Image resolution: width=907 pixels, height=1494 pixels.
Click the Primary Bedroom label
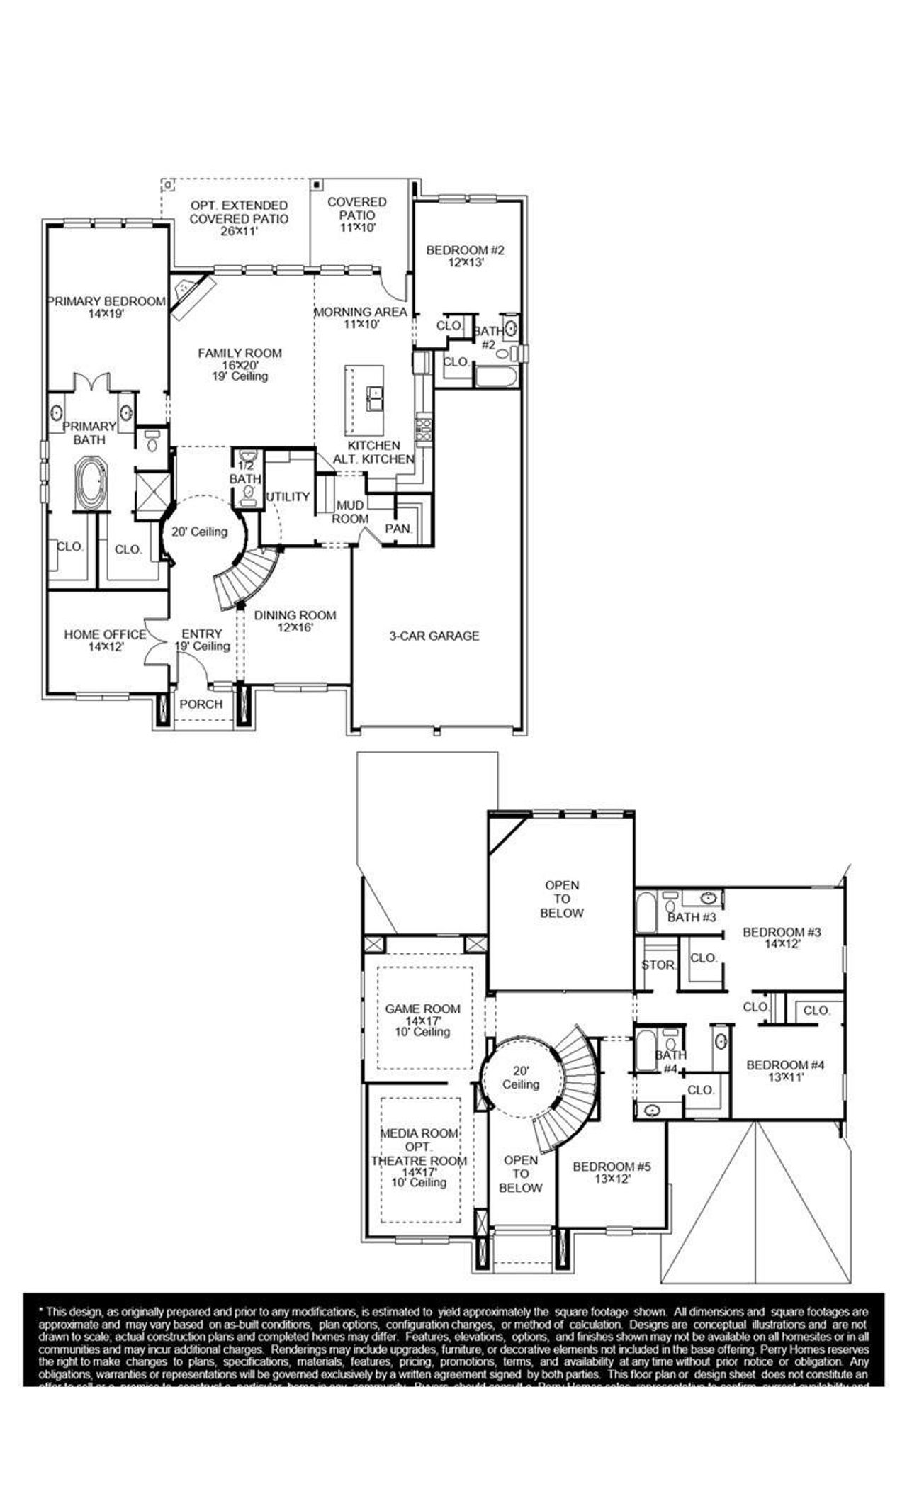pos(106,301)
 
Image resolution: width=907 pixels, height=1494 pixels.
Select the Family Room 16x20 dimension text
pos(240,365)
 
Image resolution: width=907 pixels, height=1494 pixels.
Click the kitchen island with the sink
pos(364,400)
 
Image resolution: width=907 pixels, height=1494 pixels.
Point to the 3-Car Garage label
pos(434,636)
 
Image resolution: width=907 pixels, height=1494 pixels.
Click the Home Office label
pos(105,634)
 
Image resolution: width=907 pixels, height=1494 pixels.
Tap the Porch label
pos(201,704)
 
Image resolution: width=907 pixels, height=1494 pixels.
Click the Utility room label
pos(288,497)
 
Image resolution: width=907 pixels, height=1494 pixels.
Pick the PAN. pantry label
pos(398,529)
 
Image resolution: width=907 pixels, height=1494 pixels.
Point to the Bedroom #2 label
pos(465,250)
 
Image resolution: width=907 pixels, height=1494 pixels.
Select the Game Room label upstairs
pos(422,1009)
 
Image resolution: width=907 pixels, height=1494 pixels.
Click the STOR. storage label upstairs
pos(659,965)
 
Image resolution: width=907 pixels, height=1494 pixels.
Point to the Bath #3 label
pos(692,918)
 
